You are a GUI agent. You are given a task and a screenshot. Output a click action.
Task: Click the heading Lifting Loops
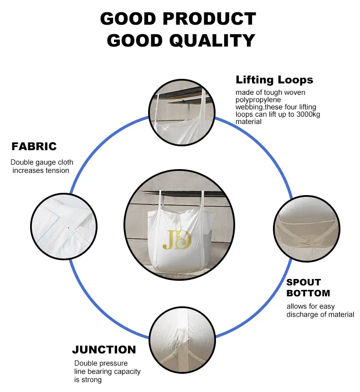pyautogui.click(x=274, y=80)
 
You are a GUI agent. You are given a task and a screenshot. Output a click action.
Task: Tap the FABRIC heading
pyautogui.click(x=34, y=146)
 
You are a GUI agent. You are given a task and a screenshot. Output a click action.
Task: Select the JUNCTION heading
pyautogui.click(x=104, y=350)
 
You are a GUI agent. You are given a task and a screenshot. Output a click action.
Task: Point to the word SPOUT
pyautogui.click(x=303, y=282)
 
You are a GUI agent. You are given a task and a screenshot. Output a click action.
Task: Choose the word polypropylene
pyautogui.click(x=258, y=100)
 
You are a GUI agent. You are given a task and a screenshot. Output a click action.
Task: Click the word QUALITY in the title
pyautogui.click(x=212, y=41)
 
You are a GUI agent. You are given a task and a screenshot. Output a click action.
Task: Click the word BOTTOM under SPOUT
pyautogui.click(x=308, y=293)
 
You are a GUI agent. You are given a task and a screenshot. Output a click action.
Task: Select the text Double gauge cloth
pyautogui.click(x=42, y=162)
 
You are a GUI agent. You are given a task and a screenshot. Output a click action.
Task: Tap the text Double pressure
pyautogui.click(x=101, y=363)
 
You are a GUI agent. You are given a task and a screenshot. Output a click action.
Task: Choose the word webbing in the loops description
pyautogui.click(x=248, y=107)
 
